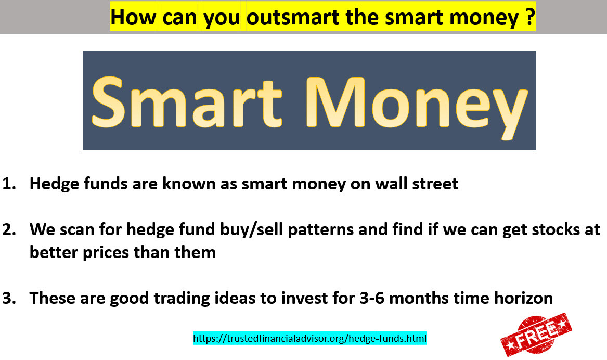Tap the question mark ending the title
pyautogui.click(x=530, y=17)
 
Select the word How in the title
pyautogui.click(x=133, y=17)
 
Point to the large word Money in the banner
pyautogui.click(x=418, y=107)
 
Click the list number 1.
pyautogui.click(x=9, y=184)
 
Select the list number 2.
pyautogui.click(x=9, y=229)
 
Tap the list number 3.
pyautogui.click(x=9, y=298)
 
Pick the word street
pyautogui.click(x=435, y=184)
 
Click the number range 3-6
pyautogui.click(x=372, y=298)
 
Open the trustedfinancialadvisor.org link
pyautogui.click(x=309, y=338)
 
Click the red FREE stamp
pyautogui.click(x=536, y=335)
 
